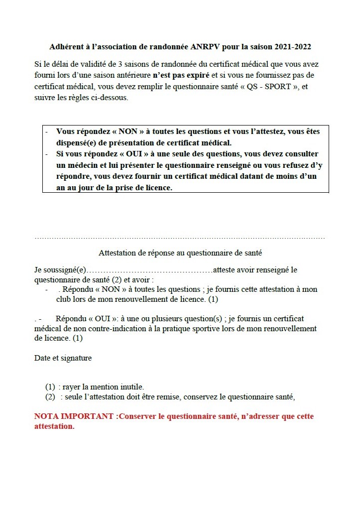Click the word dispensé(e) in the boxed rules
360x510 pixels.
[x=76, y=143]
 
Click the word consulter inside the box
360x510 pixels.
[x=298, y=154]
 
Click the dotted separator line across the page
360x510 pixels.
[x=179, y=239]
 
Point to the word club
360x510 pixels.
[x=65, y=300]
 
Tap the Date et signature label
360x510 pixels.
[x=63, y=358]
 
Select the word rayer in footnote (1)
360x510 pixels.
[x=72, y=387]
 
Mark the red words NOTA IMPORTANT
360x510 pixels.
[x=74, y=416]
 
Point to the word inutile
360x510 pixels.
[x=131, y=387]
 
